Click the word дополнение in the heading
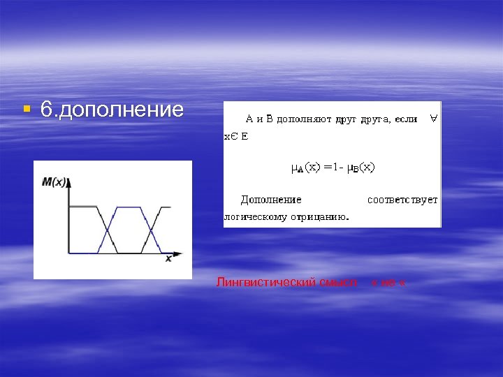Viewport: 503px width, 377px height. tap(122, 110)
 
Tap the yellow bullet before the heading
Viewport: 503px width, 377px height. tap(26, 109)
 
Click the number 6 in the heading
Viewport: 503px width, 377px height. tap(46, 110)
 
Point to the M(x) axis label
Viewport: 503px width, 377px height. tap(54, 182)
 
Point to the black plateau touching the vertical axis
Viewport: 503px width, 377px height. tap(82, 207)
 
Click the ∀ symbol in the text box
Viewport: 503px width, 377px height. tap(434, 118)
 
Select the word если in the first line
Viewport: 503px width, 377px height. tap(406, 119)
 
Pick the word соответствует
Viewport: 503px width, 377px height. tap(402, 200)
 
